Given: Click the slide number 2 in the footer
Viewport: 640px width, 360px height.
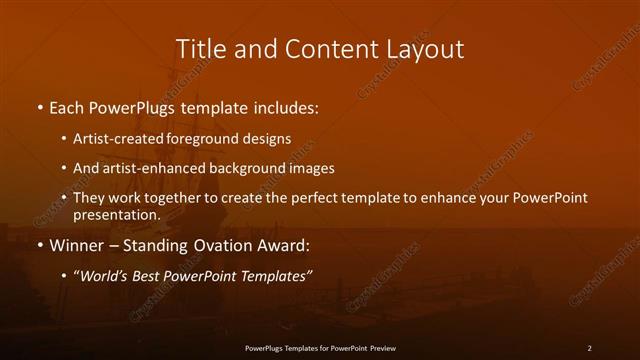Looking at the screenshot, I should click(589, 347).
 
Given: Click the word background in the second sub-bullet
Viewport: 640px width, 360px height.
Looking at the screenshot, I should click(233, 169).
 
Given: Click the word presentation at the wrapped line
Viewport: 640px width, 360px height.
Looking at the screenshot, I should click(117, 215).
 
